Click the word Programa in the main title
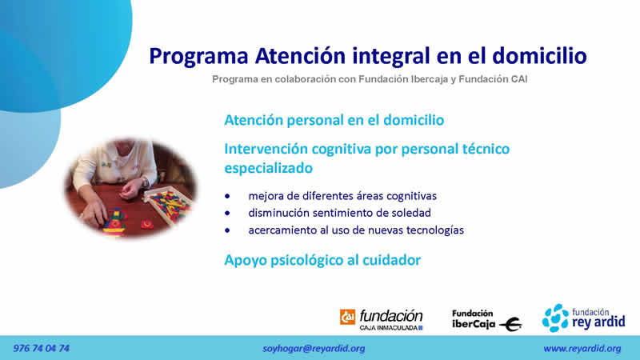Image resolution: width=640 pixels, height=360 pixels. (x=198, y=57)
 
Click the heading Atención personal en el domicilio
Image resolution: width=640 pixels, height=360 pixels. (x=334, y=120)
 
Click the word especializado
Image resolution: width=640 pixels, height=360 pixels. (x=269, y=168)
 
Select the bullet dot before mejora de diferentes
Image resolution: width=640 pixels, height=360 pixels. (x=227, y=196)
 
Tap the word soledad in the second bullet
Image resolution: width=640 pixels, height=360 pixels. (x=411, y=213)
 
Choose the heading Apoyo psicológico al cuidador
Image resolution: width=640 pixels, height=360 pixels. (x=322, y=260)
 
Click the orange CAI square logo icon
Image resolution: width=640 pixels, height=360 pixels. (x=347, y=317)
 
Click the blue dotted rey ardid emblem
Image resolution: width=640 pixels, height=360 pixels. (x=555, y=318)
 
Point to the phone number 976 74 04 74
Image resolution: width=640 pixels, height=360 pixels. (x=42, y=348)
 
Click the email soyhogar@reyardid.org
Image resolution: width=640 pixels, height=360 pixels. (x=314, y=349)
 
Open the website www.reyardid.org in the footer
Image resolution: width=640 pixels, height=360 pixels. (x=582, y=349)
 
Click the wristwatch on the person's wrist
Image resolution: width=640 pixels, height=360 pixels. (x=145, y=182)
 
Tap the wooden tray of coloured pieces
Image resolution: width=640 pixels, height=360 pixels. (x=168, y=204)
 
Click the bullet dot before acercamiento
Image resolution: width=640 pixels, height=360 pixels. (x=227, y=230)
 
